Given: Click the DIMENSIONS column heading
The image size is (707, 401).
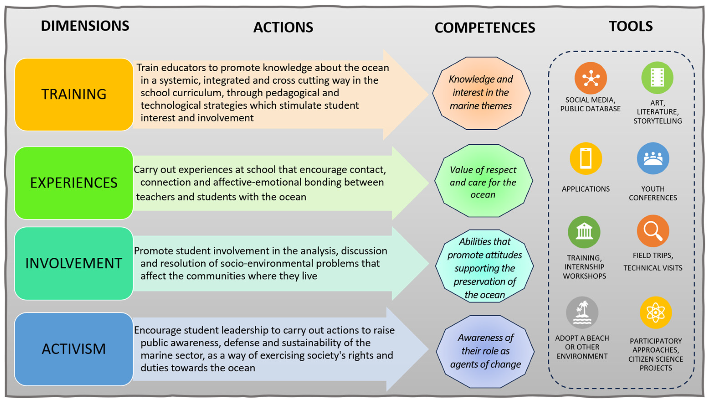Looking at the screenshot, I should (85, 26).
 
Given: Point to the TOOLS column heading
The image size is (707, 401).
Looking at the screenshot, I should (630, 26).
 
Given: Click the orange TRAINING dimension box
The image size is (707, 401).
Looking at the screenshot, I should (74, 94).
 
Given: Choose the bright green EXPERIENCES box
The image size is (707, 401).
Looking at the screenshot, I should (74, 183).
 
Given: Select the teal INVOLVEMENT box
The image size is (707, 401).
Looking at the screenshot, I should (74, 263).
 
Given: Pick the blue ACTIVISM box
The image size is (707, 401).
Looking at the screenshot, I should (74, 349).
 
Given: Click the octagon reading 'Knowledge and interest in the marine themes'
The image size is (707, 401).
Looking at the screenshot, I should (481, 93).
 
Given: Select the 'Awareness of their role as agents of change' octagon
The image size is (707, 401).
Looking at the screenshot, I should (485, 351).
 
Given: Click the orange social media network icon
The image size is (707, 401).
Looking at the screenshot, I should (591, 78).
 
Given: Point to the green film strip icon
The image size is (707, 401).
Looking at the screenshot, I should (657, 78).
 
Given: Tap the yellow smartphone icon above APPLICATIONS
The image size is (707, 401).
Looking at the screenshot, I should (586, 159).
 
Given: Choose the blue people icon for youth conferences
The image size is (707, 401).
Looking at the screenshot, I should (653, 158).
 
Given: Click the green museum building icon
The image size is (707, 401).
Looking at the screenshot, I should (584, 232).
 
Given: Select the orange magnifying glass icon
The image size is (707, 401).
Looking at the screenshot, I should (653, 231).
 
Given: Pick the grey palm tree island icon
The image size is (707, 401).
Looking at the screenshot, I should (582, 312).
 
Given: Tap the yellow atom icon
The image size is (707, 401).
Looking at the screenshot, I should (656, 312).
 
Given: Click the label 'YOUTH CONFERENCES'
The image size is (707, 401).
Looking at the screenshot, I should (653, 193).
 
